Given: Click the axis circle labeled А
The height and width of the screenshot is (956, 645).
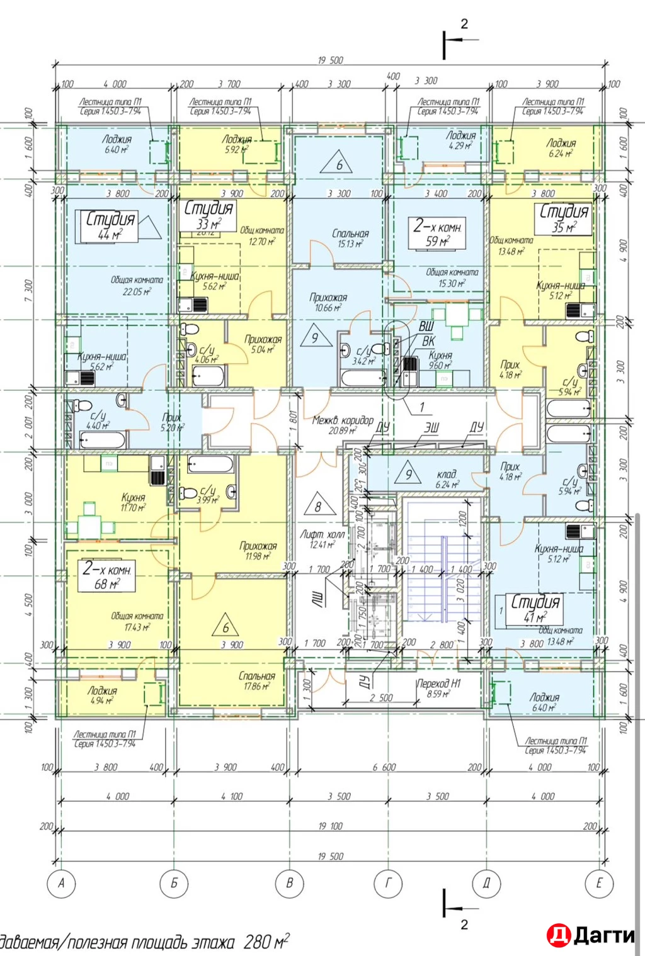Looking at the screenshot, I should click(61, 883).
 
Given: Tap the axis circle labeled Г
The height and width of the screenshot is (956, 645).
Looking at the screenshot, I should click(388, 883).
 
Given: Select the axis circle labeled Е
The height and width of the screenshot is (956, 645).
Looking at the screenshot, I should click(598, 883).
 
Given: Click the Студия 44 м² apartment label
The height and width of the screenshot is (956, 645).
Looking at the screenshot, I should click(110, 226).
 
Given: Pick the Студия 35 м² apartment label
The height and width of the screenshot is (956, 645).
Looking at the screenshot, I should click(564, 218).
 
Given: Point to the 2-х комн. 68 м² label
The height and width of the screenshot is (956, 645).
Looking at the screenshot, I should click(107, 576).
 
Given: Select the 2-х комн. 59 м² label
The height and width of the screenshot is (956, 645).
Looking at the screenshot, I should click(438, 233).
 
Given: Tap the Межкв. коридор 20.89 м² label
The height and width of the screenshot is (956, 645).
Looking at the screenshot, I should click(342, 425).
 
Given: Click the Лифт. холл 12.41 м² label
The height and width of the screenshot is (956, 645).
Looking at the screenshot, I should click(322, 539).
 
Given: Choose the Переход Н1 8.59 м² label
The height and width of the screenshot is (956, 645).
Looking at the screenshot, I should click(438, 689).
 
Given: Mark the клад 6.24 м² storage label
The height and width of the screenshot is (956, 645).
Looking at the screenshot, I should click(447, 479).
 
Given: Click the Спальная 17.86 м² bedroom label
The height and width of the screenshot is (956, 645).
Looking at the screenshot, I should click(257, 681).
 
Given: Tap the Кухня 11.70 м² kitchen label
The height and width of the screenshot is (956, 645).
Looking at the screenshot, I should click(133, 502).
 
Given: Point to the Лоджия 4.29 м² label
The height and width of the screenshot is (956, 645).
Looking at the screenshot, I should click(460, 140).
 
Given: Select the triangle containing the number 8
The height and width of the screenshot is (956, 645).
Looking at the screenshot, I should click(318, 506).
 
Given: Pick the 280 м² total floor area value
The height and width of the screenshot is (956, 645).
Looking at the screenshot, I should click(266, 942).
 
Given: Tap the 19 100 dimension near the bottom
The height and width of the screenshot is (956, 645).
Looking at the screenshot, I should click(330, 826).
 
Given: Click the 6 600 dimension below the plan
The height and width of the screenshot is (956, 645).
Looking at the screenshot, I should click(384, 767).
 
